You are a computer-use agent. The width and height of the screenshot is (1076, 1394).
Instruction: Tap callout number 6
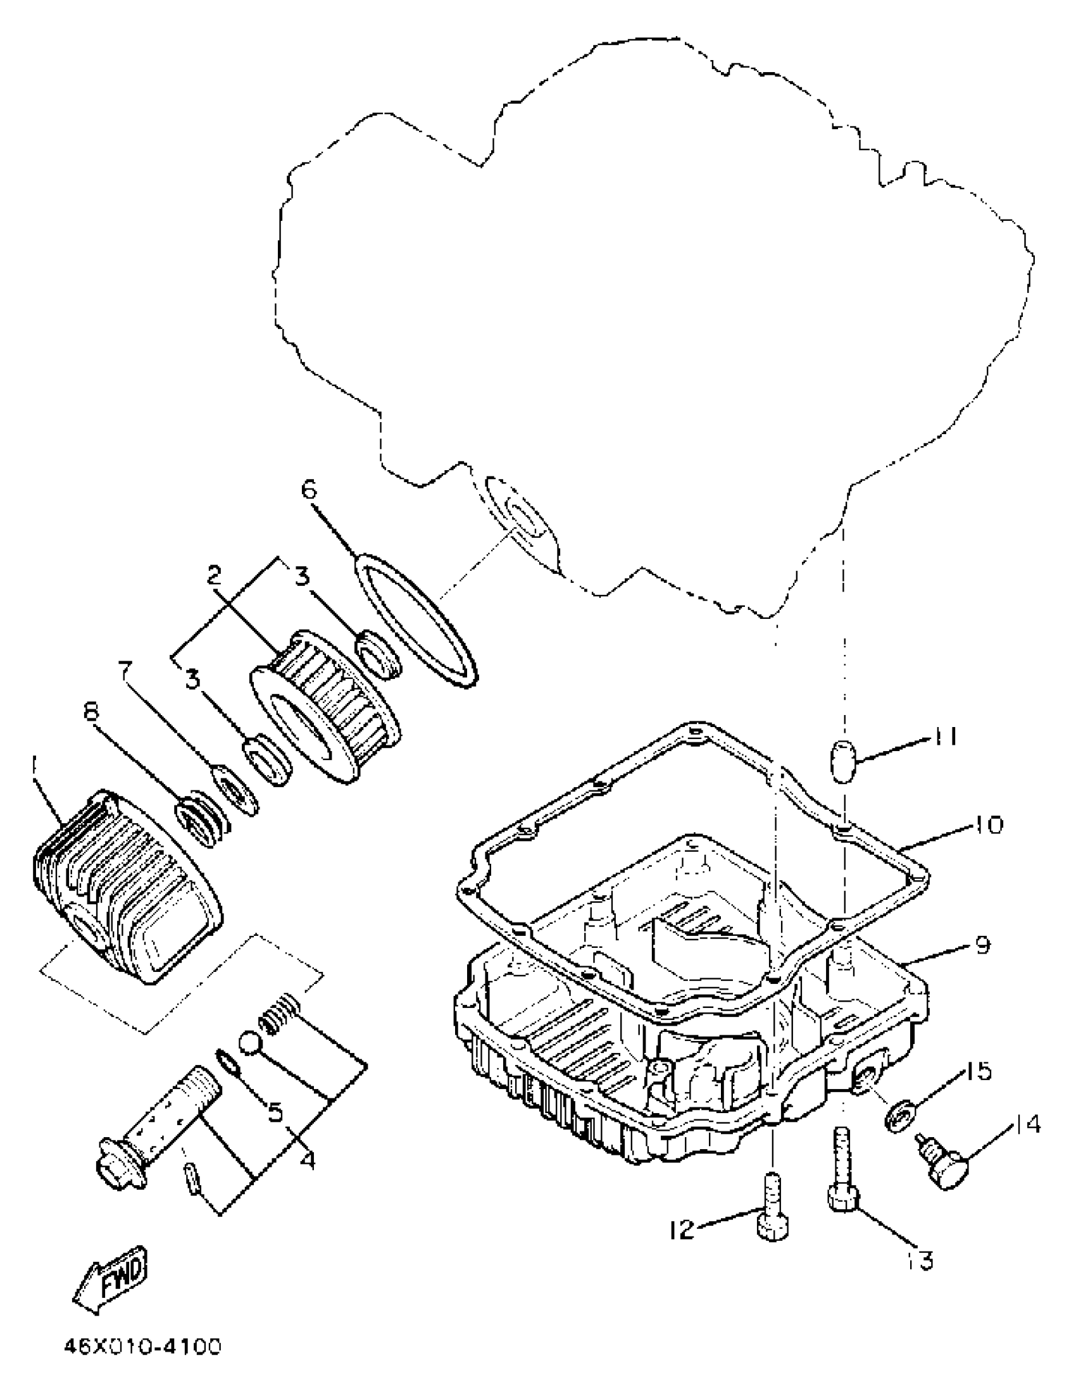(309, 490)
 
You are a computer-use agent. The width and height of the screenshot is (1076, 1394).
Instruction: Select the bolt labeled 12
(772, 1208)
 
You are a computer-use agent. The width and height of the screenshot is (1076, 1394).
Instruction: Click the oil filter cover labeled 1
(128, 887)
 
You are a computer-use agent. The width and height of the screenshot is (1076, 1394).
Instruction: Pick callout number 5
(275, 1112)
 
